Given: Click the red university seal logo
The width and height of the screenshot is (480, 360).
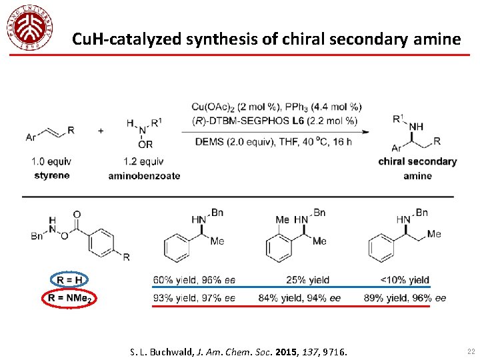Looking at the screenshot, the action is [x=29, y=27].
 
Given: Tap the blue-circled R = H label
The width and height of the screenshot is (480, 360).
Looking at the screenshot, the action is [x=69, y=280].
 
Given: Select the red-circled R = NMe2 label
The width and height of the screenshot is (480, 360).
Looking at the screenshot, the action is [x=69, y=298].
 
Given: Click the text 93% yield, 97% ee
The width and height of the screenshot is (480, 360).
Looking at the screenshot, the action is [x=194, y=298].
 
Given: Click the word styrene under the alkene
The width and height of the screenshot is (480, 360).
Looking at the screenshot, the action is [x=51, y=175].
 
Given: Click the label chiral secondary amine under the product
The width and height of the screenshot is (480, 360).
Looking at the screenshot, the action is [x=417, y=169].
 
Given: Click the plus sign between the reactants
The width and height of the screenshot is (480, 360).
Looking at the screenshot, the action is [x=101, y=131].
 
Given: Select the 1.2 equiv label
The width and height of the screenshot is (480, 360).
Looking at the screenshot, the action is [x=143, y=161].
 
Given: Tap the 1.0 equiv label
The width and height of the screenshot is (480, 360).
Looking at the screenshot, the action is [x=51, y=161].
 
